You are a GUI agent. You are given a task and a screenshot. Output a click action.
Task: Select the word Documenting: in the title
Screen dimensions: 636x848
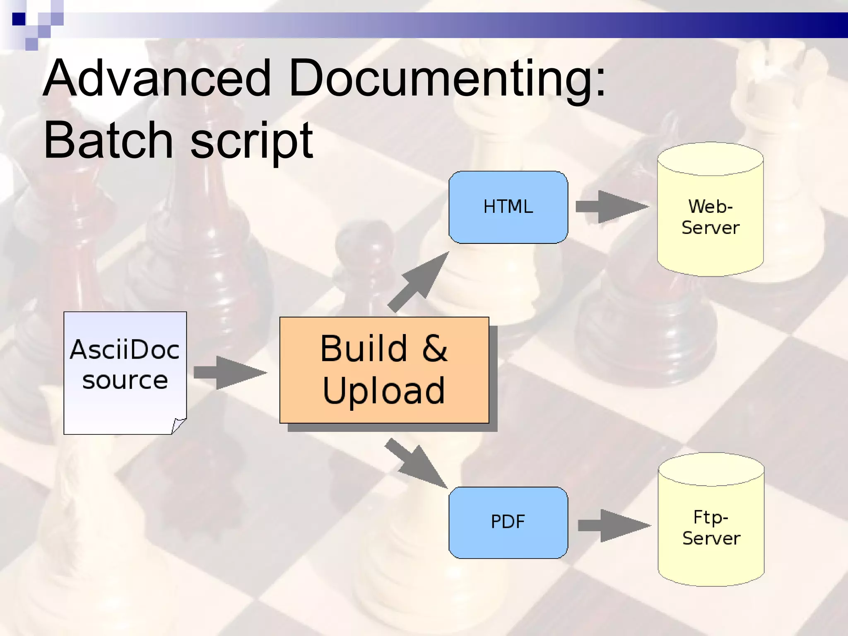point(447,79)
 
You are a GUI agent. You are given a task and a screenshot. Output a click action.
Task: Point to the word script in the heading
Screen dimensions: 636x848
point(251,141)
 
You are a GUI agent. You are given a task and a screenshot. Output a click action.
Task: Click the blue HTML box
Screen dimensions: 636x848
point(508,207)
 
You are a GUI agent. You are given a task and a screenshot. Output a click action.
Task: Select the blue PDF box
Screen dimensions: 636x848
point(508,522)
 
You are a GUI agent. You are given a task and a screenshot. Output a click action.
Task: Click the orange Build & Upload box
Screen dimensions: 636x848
point(384,370)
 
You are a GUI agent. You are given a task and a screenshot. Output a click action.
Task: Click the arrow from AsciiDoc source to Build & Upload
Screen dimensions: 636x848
point(230,372)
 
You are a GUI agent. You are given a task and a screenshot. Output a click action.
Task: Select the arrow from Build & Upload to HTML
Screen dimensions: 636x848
point(418,282)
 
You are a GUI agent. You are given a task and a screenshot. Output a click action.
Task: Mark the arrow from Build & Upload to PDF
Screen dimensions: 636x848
point(416,464)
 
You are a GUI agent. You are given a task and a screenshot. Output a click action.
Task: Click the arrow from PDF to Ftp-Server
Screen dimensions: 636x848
point(614,525)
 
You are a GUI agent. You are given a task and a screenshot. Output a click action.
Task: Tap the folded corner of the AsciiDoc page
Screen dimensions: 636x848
point(178,425)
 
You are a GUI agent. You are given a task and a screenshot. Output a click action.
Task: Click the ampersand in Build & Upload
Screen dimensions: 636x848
point(434,349)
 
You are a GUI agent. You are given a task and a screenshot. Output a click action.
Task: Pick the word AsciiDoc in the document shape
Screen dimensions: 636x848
point(125,350)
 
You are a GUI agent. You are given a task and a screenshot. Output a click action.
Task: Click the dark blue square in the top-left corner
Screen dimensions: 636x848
point(19,19)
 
